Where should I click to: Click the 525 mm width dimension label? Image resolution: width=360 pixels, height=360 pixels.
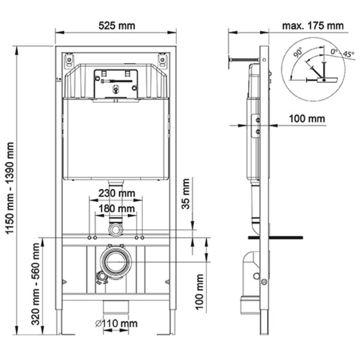point(116,25)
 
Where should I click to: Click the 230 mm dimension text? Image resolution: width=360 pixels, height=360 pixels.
point(116,194)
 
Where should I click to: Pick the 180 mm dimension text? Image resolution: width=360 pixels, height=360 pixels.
point(116,208)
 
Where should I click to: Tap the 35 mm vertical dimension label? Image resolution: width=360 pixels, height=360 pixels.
point(187,193)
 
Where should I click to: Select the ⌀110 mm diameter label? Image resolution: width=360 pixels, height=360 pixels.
point(116,324)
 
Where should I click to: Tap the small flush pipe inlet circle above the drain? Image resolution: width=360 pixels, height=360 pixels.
point(115,229)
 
